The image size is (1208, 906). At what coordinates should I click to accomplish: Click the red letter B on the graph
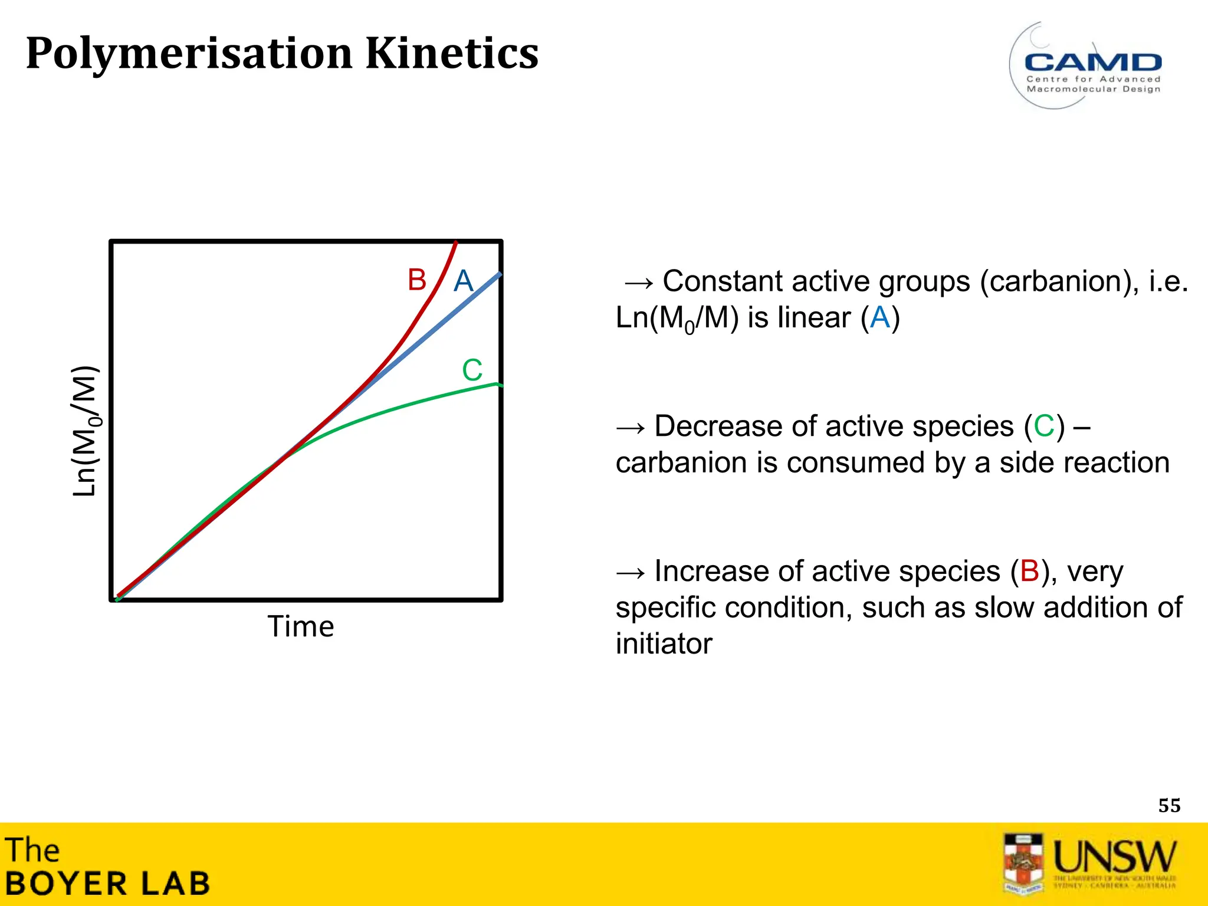click(416, 280)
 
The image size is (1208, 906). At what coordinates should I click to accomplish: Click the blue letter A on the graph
click(464, 281)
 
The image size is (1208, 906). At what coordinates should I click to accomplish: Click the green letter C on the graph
click(472, 370)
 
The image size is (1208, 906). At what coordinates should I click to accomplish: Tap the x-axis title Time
click(301, 626)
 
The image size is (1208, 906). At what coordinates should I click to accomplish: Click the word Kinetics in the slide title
click(452, 53)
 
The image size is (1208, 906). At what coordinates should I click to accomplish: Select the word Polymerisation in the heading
click(189, 53)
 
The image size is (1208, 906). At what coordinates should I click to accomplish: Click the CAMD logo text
click(1093, 62)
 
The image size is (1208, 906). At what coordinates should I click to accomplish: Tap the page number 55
click(1169, 806)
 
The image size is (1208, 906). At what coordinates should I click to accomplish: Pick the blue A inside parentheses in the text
click(880, 318)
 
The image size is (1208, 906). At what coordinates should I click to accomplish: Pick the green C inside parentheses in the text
click(1044, 426)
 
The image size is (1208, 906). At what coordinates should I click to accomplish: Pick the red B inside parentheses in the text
click(1030, 572)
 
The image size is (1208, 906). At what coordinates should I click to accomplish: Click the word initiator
click(664, 644)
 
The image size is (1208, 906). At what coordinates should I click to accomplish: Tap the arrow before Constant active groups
click(639, 283)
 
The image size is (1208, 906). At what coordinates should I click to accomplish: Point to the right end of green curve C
click(498, 385)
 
